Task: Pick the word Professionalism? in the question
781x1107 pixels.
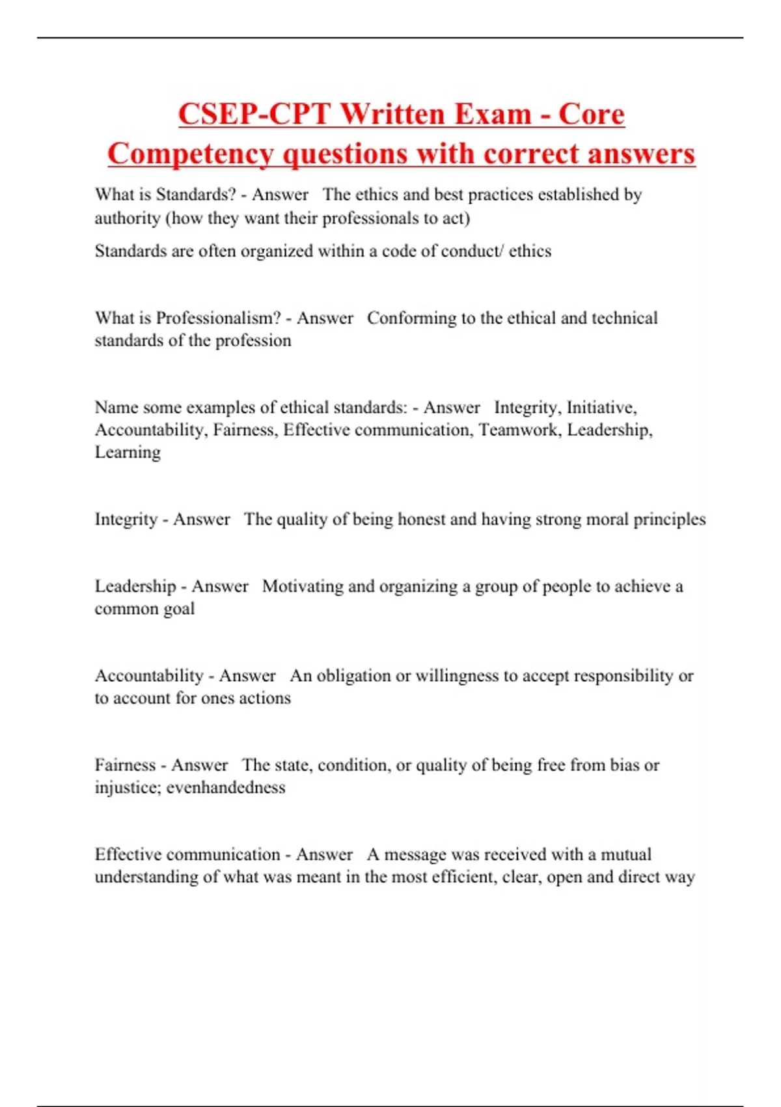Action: [x=219, y=318]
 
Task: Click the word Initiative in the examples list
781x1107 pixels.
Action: [x=601, y=408]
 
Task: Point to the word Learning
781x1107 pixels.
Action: [x=128, y=453]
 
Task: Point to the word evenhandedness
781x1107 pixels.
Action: [x=226, y=788]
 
